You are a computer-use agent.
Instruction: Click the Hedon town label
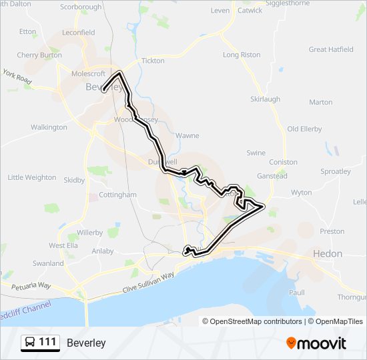[328, 254]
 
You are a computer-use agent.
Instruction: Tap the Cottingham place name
[117, 195]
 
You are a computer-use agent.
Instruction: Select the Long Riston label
[242, 55]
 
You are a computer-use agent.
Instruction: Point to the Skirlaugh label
[265, 99]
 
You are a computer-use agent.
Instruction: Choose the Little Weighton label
[31, 177]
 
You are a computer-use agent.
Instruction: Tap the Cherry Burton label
[39, 55]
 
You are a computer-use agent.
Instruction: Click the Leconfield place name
[79, 32]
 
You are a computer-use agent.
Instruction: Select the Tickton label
[153, 61]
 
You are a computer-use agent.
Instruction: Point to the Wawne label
[188, 135]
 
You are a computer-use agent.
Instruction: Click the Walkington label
[49, 127]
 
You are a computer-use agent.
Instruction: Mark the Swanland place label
[48, 263]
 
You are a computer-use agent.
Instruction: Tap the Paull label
[297, 292]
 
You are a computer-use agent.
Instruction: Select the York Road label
[17, 77]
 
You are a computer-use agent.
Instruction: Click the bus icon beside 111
[30, 343]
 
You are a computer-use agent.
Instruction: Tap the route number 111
[48, 343]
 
